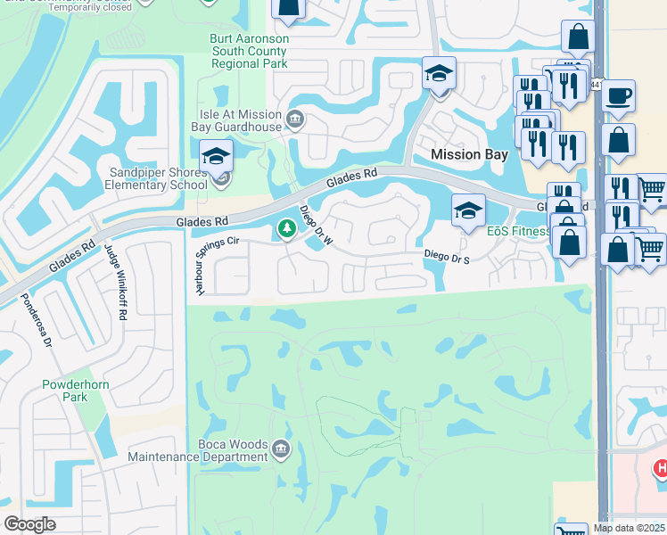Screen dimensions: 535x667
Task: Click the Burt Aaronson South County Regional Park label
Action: click(x=249, y=52)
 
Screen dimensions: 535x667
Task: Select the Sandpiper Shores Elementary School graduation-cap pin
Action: click(x=216, y=159)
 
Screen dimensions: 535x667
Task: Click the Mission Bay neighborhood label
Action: click(x=469, y=154)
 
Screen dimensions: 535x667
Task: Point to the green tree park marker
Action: click(x=286, y=230)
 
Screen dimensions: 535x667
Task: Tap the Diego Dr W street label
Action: click(x=316, y=225)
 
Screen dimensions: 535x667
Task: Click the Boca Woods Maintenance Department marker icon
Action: click(x=280, y=448)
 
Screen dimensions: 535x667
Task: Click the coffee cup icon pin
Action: click(x=618, y=97)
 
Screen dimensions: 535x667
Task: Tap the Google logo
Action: click(x=29, y=524)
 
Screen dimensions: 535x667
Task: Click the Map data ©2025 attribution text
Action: click(x=629, y=528)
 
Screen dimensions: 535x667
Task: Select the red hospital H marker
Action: click(x=661, y=468)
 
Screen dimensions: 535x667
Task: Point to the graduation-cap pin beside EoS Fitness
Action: click(x=468, y=211)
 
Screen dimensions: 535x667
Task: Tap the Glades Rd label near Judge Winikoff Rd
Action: click(x=202, y=220)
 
